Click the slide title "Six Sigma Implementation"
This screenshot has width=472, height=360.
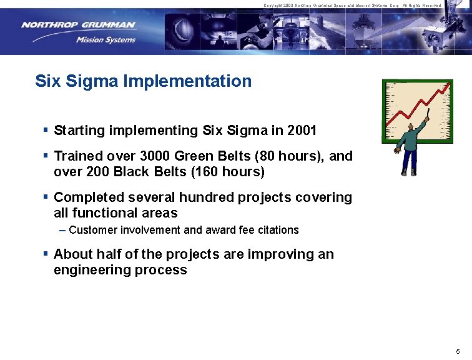pyautogui.click(x=144, y=81)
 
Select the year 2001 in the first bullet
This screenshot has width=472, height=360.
pyautogui.click(x=302, y=131)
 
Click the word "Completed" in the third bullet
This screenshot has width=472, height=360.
pyautogui.click(x=89, y=197)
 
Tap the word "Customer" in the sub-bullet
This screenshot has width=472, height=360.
pyautogui.click(x=92, y=230)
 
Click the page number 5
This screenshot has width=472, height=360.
pyautogui.click(x=458, y=351)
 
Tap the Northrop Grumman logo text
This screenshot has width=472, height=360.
pyautogui.click(x=78, y=26)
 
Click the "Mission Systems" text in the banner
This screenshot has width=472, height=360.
pyautogui.click(x=106, y=40)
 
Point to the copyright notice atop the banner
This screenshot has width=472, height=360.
pyautogui.click(x=352, y=5)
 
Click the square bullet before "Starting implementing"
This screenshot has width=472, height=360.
pyautogui.click(x=46, y=131)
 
